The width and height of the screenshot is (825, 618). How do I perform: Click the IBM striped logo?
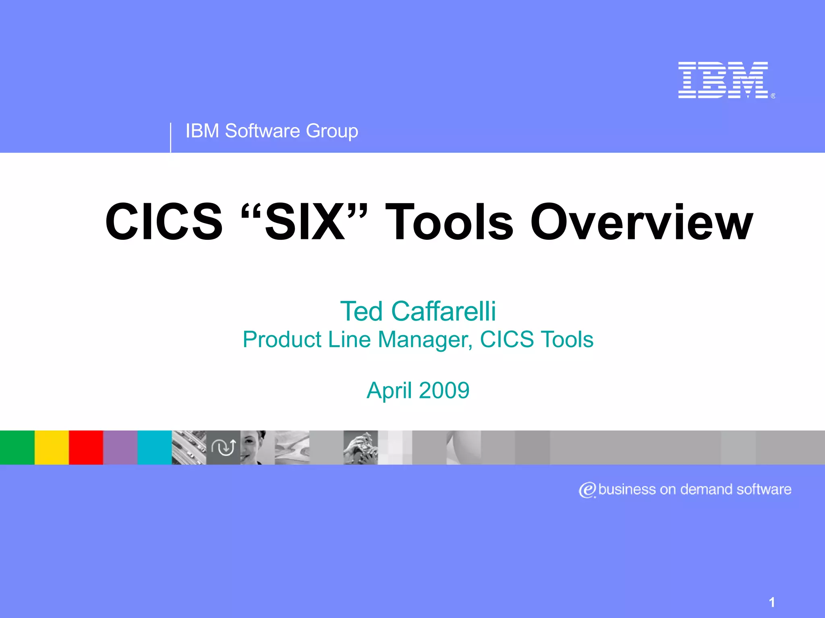point(723,80)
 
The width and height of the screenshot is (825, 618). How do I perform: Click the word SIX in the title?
point(305,222)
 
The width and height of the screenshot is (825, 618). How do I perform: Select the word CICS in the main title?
point(164,222)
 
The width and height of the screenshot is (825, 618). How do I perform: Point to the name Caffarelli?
point(444,311)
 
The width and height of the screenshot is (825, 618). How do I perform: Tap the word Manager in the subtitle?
point(425,340)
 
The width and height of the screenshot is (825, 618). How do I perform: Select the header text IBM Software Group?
point(272,131)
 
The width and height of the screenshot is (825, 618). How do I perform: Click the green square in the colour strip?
point(17,447)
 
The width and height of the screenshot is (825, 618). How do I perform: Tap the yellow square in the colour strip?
point(52,447)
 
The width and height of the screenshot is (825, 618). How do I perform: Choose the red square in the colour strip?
point(86,447)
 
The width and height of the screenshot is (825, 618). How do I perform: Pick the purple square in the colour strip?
point(120,447)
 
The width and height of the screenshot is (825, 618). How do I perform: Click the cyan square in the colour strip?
point(155,447)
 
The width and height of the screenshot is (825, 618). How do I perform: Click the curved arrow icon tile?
point(224,447)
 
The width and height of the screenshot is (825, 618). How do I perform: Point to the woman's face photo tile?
point(257,447)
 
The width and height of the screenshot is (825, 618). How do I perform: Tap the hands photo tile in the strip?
point(361,447)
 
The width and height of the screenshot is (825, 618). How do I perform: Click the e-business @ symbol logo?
point(587,490)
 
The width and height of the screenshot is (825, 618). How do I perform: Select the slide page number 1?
point(771,602)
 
